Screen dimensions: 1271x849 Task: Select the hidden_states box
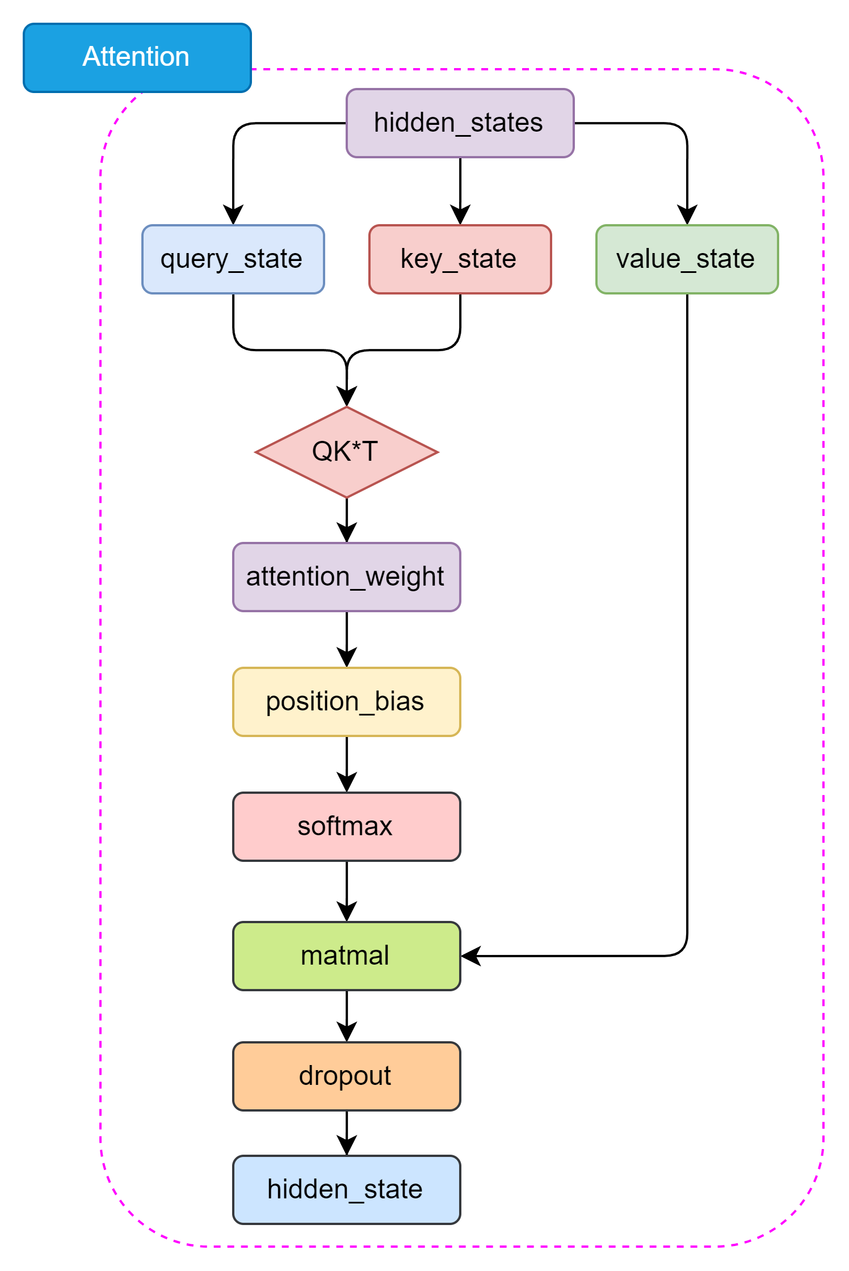point(460,123)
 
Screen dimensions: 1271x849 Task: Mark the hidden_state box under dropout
point(346,1190)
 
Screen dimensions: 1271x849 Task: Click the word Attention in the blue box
point(136,57)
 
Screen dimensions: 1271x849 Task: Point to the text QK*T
point(344,452)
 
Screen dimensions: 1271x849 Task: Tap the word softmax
point(344,826)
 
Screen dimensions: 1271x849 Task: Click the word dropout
point(344,1076)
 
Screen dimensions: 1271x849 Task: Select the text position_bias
point(344,701)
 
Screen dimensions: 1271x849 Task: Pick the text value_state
point(685,259)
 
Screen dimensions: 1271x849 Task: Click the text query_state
point(231,259)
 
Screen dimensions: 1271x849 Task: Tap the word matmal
point(344,956)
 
